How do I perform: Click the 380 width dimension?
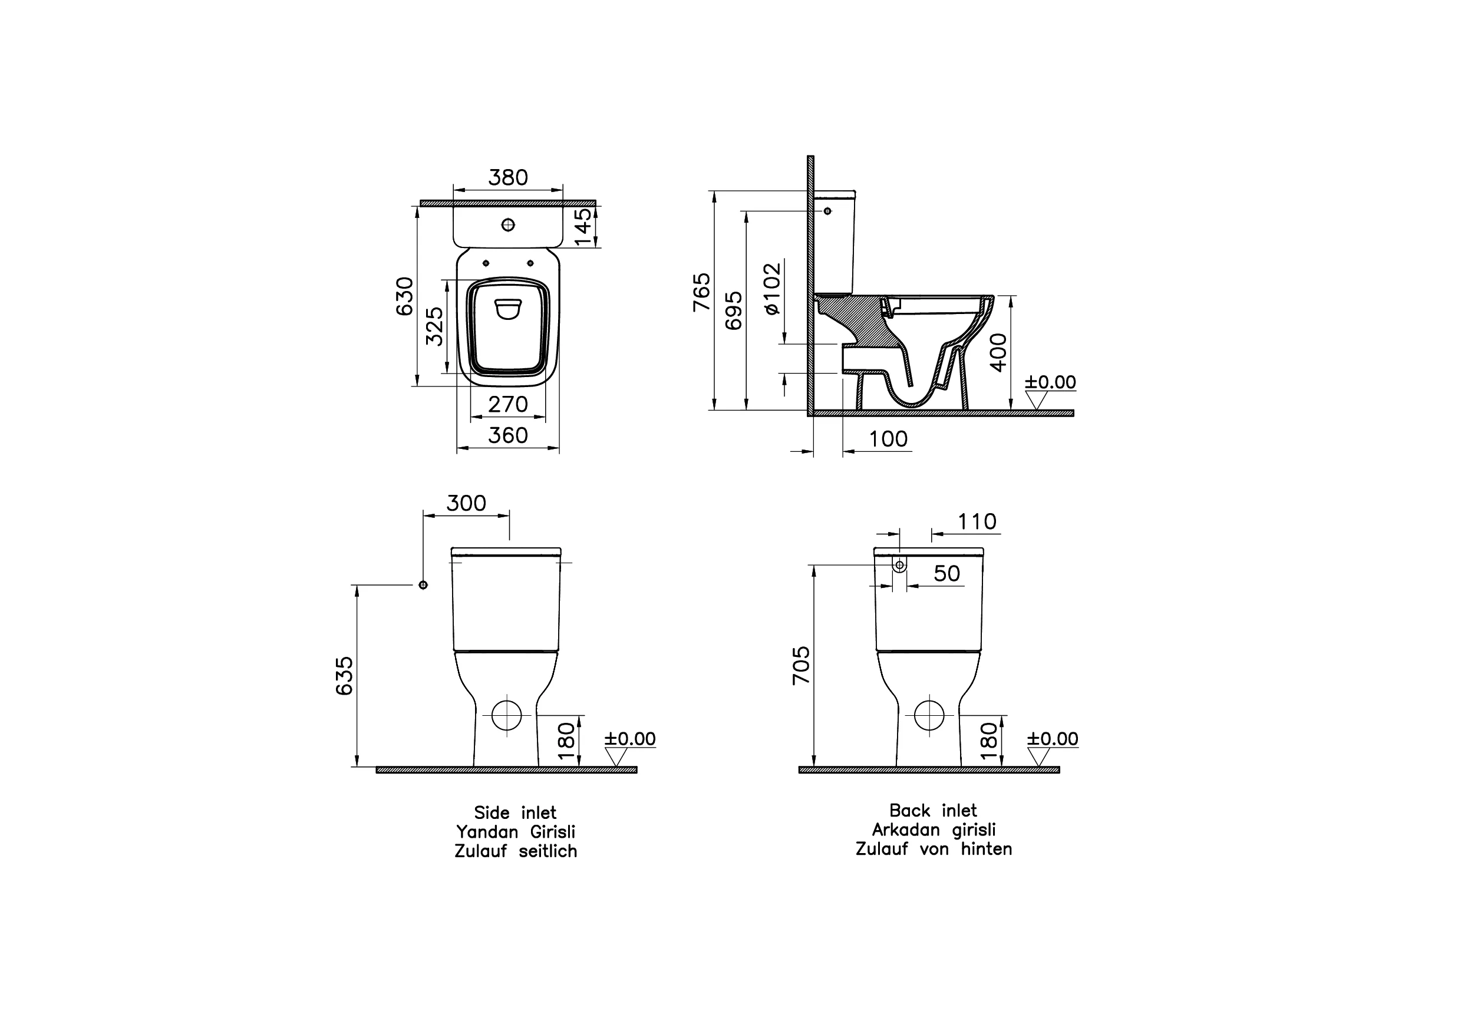pos(508,177)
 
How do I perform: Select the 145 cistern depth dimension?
pos(582,226)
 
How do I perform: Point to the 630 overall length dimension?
pos(405,296)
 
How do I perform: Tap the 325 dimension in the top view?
pos(434,326)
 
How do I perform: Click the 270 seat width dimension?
pos(508,405)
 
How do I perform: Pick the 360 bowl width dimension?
pos(508,436)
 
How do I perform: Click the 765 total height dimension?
pos(701,292)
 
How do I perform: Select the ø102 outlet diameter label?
pos(771,288)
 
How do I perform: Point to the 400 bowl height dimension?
pos(999,352)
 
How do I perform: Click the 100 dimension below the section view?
pos(888,439)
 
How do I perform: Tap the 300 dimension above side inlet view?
pos(466,504)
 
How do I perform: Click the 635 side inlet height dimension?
pos(344,676)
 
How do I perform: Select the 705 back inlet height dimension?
pos(801,665)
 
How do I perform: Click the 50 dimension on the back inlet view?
pos(946,574)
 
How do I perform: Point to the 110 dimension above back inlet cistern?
pos(977,522)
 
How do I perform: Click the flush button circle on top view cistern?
pos(508,225)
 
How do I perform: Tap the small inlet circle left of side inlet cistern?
pos(423,585)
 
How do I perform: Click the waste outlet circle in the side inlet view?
pos(506,716)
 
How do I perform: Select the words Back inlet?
pos(933,811)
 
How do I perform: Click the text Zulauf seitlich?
pos(516,852)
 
